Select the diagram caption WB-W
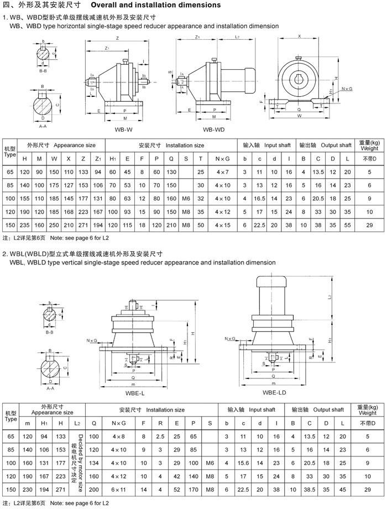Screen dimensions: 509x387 [x=123, y=129]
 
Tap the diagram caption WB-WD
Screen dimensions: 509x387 [x=213, y=129]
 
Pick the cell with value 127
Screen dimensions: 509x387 [x=69, y=185]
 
